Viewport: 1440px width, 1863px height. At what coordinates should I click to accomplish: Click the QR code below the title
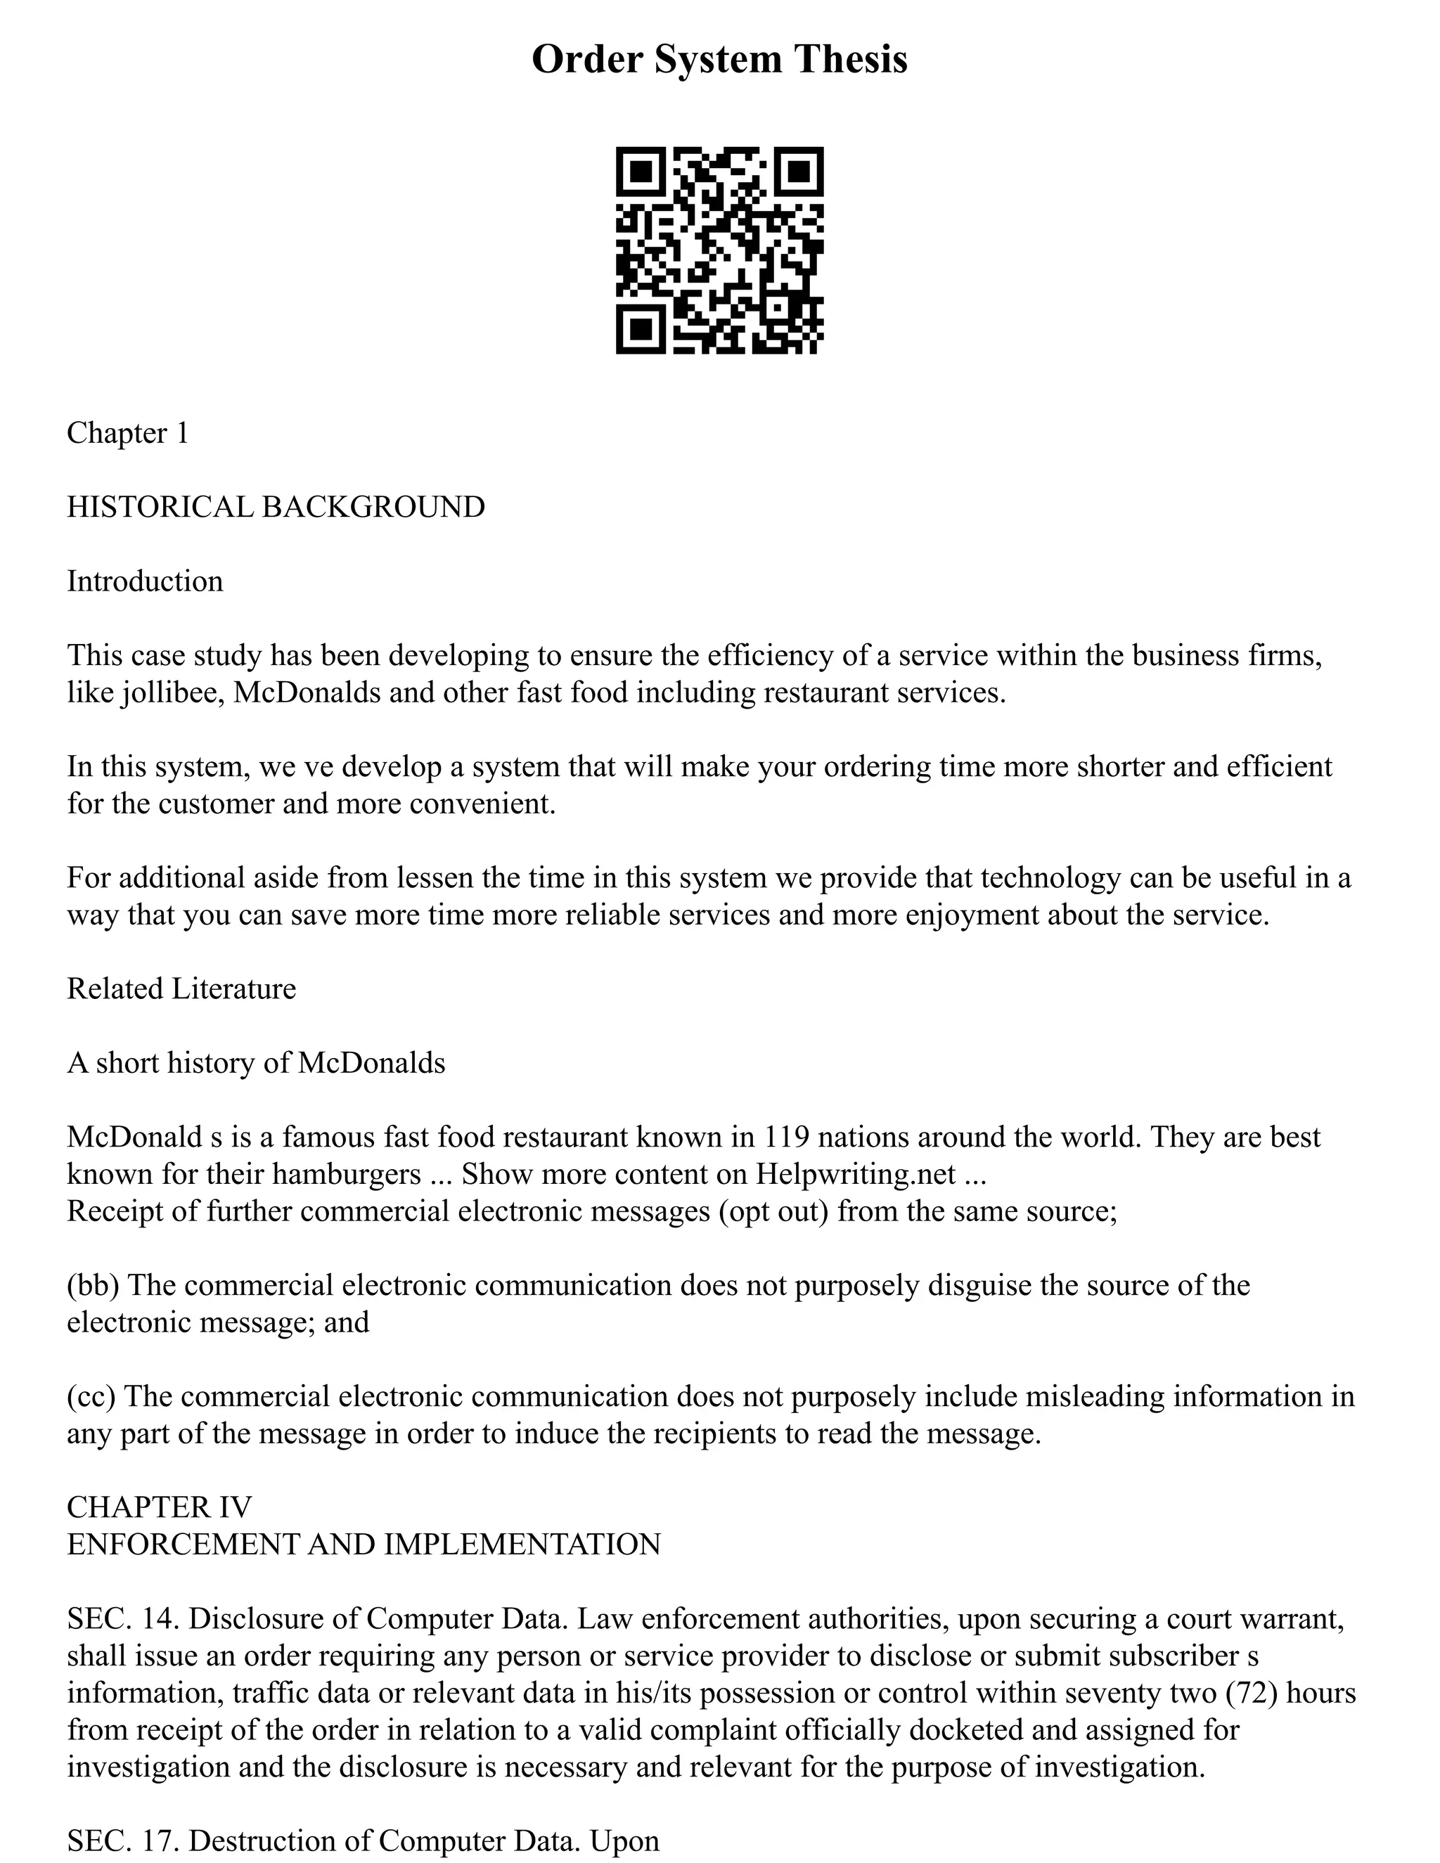point(719,250)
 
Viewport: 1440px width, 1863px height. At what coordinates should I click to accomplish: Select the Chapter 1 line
point(128,433)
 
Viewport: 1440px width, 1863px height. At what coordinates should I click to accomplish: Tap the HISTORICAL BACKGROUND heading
point(276,508)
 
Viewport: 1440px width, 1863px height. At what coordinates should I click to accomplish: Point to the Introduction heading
point(145,582)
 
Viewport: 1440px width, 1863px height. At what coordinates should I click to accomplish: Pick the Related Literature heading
point(181,988)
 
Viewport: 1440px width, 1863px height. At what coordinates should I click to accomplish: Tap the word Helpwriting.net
point(856,1175)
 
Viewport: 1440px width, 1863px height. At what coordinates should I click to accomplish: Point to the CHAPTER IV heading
point(160,1507)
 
